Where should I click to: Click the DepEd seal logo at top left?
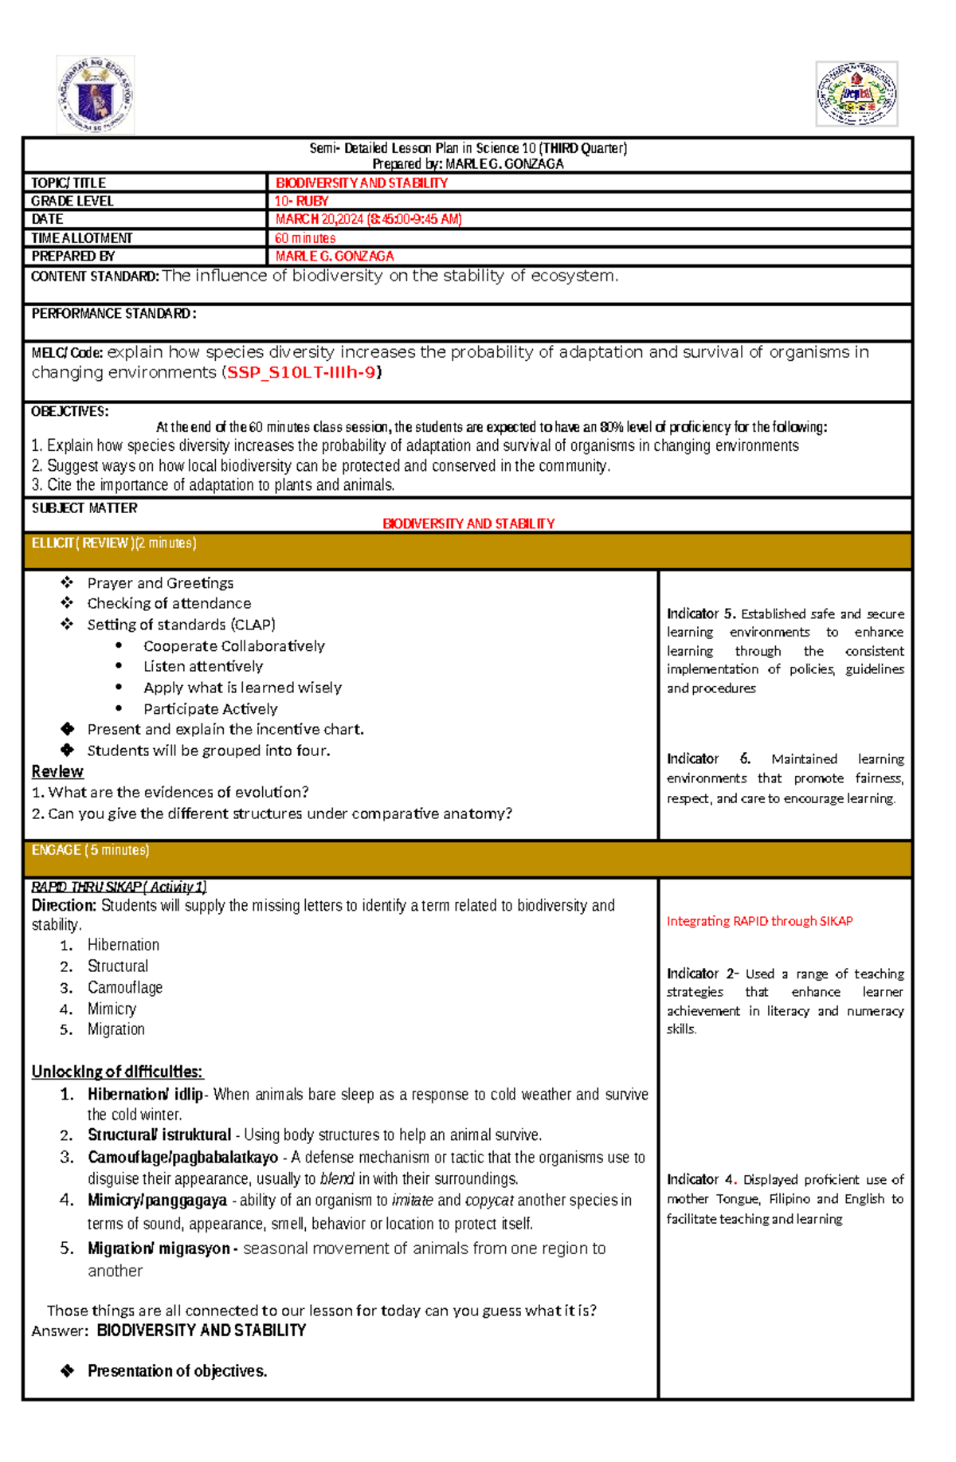coord(96,95)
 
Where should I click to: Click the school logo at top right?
coord(856,94)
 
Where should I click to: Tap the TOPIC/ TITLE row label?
coord(69,183)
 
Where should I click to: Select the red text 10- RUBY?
coord(301,202)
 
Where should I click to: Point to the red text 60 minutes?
coord(305,238)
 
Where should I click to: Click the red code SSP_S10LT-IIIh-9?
coord(301,373)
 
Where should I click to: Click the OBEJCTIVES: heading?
coord(70,412)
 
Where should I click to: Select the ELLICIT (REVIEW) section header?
coord(114,543)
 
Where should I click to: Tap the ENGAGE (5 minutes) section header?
coord(90,850)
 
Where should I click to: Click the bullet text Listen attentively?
coord(203,666)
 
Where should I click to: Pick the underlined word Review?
coord(57,771)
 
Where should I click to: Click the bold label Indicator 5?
coord(701,613)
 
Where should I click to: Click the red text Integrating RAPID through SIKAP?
coord(759,921)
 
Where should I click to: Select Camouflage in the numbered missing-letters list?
coord(125,987)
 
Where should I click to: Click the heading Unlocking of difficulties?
coord(117,1072)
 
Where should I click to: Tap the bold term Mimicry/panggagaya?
coord(157,1200)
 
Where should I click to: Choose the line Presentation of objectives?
coord(177,1371)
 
